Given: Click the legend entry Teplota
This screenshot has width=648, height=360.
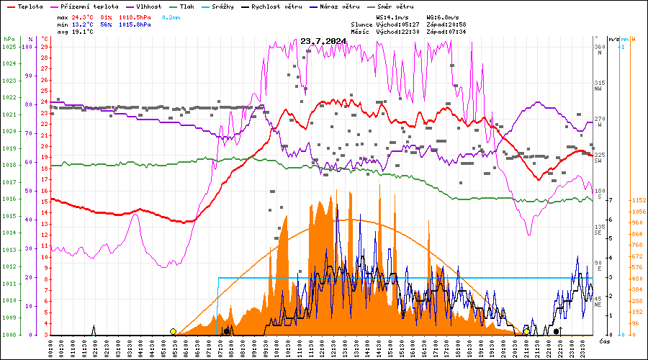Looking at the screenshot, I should [x=30, y=6].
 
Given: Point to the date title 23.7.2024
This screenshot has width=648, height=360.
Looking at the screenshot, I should [x=323, y=41].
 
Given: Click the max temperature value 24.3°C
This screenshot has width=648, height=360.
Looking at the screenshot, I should [x=83, y=16].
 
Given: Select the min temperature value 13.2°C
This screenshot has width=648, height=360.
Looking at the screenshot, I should [x=83, y=24].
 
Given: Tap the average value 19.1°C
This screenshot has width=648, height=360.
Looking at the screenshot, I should [x=83, y=32].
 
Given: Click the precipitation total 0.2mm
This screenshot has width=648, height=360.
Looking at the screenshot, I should [x=172, y=16].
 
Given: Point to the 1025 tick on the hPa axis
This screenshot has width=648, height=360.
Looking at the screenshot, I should [x=9, y=47].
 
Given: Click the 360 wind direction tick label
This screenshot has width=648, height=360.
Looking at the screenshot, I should [x=599, y=47].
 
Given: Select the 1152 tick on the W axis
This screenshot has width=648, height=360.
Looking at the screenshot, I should [x=637, y=200].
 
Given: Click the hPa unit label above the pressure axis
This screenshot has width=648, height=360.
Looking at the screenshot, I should [x=8, y=39].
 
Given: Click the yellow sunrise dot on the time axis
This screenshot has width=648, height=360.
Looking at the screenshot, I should [x=173, y=331].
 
